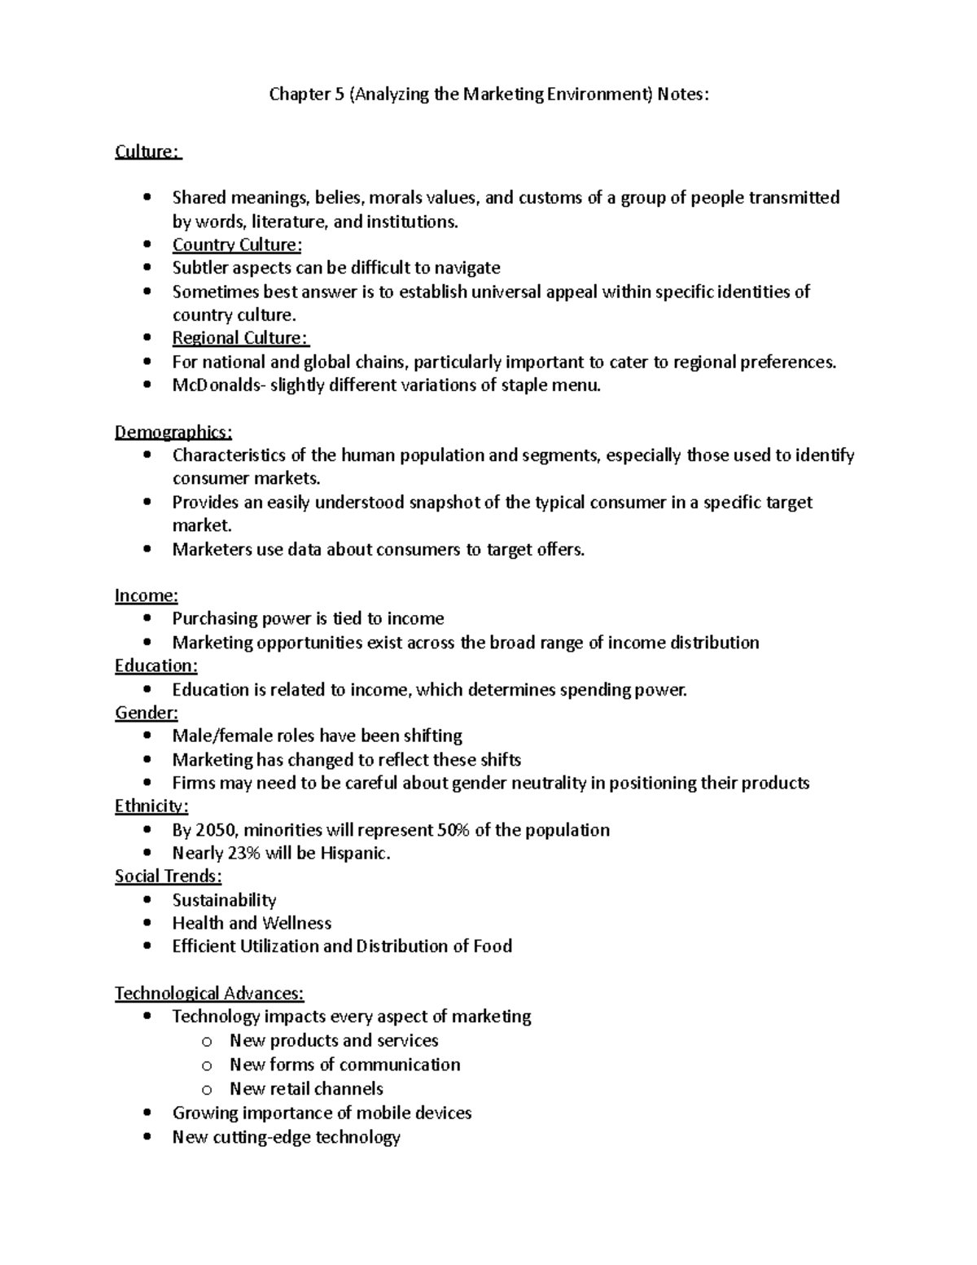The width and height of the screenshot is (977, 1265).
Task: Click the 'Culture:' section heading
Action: click(x=148, y=152)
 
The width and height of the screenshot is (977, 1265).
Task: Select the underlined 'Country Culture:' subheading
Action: click(x=236, y=245)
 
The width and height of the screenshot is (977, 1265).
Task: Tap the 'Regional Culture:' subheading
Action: click(x=240, y=338)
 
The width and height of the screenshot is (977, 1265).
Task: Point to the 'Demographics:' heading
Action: click(x=173, y=432)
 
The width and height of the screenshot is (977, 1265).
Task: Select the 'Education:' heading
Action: click(x=156, y=665)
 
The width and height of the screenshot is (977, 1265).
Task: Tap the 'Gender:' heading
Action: click(x=146, y=713)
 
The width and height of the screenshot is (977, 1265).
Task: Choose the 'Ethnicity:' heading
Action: click(x=151, y=806)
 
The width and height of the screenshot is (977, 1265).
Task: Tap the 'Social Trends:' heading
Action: click(x=168, y=876)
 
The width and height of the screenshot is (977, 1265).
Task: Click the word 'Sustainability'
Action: click(x=224, y=900)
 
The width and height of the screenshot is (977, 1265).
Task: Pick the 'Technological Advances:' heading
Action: click(x=209, y=993)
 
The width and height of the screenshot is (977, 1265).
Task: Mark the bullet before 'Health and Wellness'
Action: click(x=147, y=923)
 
